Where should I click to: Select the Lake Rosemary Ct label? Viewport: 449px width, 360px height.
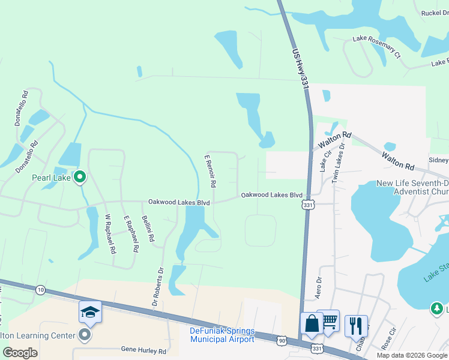[x=376, y=47]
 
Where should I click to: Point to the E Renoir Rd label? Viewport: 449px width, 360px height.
[x=210, y=170]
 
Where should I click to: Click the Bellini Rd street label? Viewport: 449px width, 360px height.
[x=148, y=229]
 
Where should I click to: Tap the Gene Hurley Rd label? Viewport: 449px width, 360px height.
[x=143, y=349]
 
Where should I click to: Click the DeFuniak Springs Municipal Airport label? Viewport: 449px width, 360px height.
[x=222, y=335]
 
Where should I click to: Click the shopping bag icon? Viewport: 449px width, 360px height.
[x=312, y=323]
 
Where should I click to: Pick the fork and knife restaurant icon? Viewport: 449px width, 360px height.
[x=356, y=326]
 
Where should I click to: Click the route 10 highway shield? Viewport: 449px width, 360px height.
[x=40, y=290]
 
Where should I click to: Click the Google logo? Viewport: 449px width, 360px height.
[x=20, y=353]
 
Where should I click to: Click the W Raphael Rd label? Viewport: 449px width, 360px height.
[x=110, y=234]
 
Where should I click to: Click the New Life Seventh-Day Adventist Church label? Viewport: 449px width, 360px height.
[x=412, y=188]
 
